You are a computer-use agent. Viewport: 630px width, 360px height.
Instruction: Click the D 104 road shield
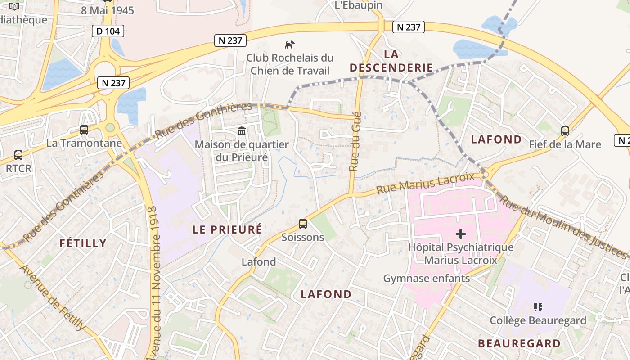pyautogui.click(x=108, y=31)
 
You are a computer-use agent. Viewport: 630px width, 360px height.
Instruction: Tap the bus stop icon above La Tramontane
pyautogui.click(x=84, y=130)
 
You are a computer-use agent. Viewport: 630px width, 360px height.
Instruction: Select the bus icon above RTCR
pyautogui.click(x=18, y=155)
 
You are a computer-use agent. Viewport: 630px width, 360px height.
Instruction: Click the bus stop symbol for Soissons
pyautogui.click(x=303, y=224)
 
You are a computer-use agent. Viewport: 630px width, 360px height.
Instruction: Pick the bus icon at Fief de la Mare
pyautogui.click(x=565, y=131)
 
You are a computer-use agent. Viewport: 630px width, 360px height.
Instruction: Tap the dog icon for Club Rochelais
pyautogui.click(x=290, y=45)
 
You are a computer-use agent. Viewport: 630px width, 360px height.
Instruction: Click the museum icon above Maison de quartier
pyautogui.click(x=242, y=131)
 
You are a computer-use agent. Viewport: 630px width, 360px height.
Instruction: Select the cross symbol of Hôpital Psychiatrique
pyautogui.click(x=461, y=234)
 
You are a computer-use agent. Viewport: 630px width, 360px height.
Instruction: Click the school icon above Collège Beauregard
pyautogui.click(x=538, y=307)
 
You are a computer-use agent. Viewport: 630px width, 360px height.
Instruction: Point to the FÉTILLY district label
pyautogui.click(x=83, y=243)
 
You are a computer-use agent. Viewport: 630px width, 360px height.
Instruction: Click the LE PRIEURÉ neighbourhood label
pyautogui.click(x=227, y=229)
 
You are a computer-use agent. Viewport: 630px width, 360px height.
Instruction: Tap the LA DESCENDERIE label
pyautogui.click(x=391, y=61)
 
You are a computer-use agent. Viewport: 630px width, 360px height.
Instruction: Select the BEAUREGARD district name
pyautogui.click(x=519, y=344)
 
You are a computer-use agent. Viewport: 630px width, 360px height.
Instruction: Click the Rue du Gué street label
pyautogui.click(x=355, y=141)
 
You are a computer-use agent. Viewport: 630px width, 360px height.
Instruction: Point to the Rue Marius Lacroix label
pyautogui.click(x=425, y=184)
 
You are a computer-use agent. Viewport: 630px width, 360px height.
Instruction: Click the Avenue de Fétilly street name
pyautogui.click(x=53, y=297)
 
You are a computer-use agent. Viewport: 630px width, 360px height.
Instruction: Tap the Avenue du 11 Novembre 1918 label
pyautogui.click(x=155, y=283)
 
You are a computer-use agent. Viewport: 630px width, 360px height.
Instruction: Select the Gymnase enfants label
pyautogui.click(x=426, y=279)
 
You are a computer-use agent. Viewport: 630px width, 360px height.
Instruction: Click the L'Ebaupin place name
pyautogui.click(x=359, y=5)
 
